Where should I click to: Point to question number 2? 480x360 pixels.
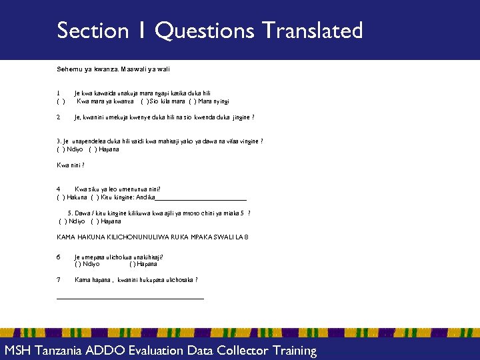tap(59, 117)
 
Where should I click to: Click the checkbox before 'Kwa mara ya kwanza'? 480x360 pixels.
tap(61, 101)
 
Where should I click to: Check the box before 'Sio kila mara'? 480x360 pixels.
tap(144, 101)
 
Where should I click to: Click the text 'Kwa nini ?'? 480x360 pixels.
tap(71, 165)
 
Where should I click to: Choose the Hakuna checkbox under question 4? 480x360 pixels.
tap(61, 197)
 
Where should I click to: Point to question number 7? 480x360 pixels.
tap(59, 280)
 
